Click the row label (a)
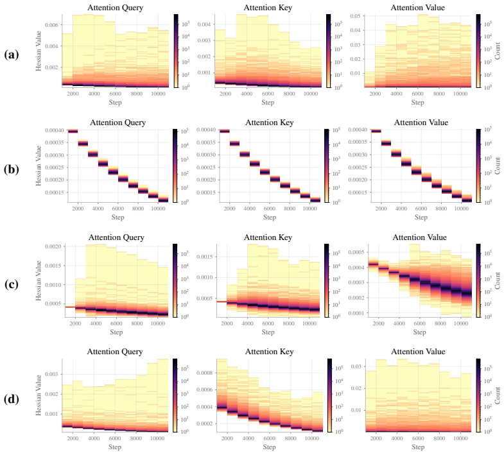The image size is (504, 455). click(x=12, y=55)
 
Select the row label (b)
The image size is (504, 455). click(x=12, y=169)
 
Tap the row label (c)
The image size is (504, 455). click(x=12, y=284)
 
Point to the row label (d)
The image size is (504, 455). click(x=12, y=399)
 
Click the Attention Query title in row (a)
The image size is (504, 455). click(x=115, y=8)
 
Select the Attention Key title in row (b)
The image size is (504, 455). click(x=270, y=123)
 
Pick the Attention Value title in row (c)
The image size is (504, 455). click(x=419, y=237)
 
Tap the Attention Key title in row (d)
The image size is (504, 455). click(x=270, y=352)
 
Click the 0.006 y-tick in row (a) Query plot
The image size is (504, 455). click(x=51, y=25)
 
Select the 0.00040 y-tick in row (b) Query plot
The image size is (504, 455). click(x=55, y=130)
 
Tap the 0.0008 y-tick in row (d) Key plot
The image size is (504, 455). click(x=205, y=373)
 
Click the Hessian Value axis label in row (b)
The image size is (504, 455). click(x=39, y=166)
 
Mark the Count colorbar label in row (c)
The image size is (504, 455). click(x=497, y=280)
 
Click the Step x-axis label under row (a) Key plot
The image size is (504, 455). click(x=268, y=103)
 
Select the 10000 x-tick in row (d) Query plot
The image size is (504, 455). click(x=157, y=438)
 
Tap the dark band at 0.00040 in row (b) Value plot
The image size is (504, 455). click(x=376, y=131)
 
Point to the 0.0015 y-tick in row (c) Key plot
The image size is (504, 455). click(x=205, y=257)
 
